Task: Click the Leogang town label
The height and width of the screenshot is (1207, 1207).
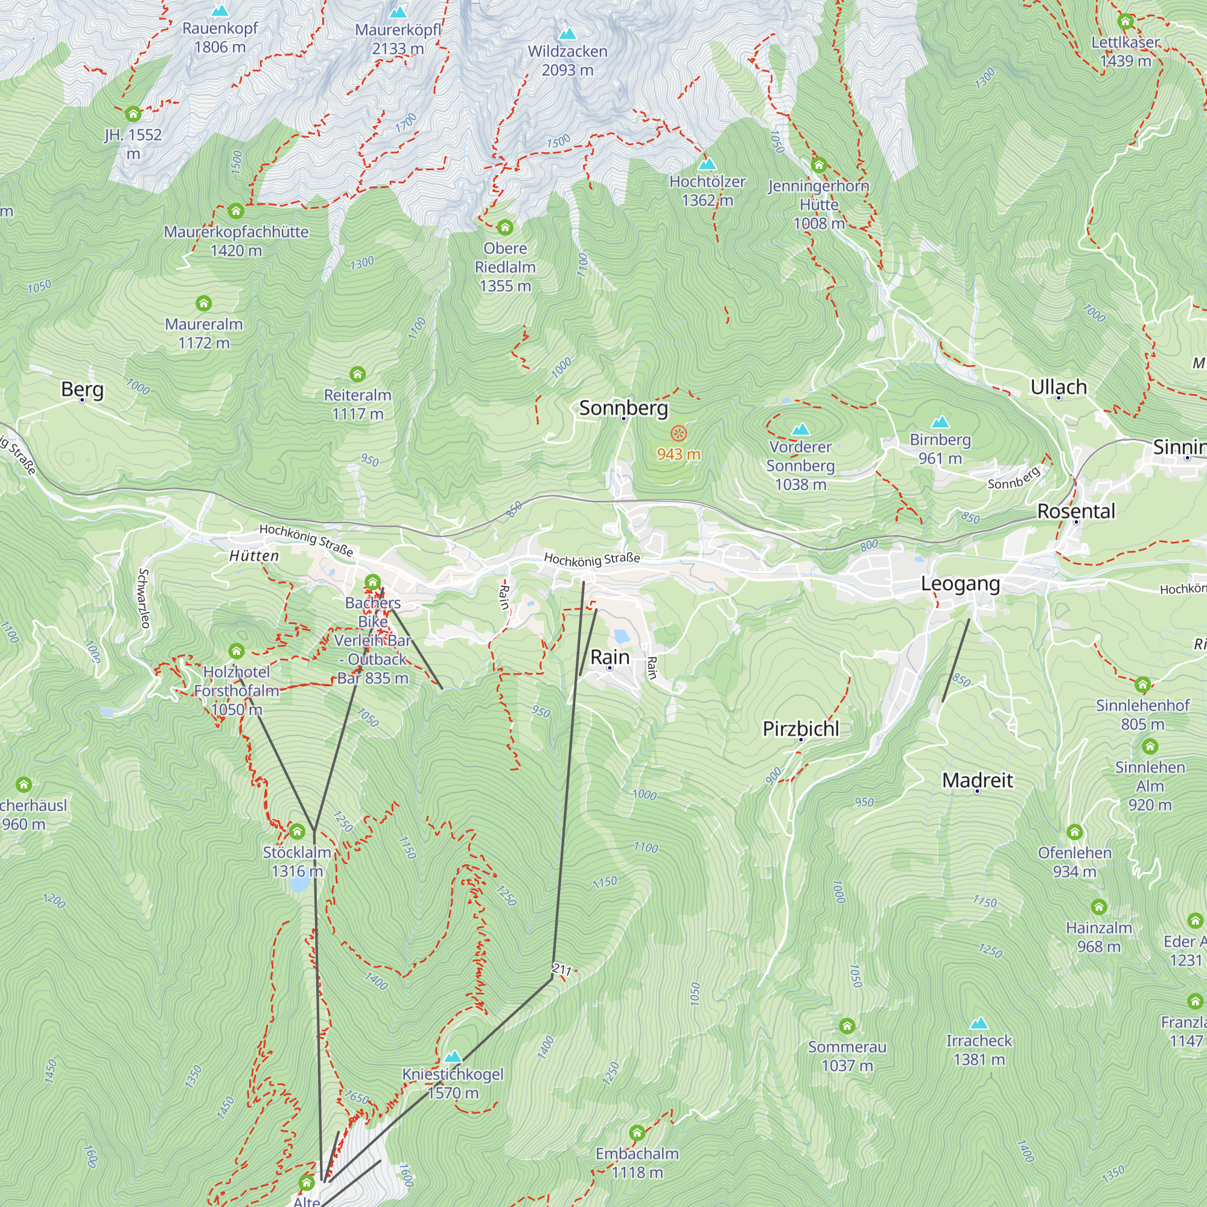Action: tap(960, 584)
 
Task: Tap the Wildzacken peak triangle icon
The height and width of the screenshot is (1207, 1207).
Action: tap(567, 33)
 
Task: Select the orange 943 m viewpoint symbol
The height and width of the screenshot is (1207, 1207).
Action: tap(678, 433)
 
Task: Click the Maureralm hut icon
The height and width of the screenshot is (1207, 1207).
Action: tap(203, 304)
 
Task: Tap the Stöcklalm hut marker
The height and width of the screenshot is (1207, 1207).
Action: tap(298, 832)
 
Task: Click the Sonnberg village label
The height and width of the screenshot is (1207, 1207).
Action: tap(623, 408)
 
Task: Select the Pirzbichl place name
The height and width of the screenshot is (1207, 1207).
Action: tap(800, 728)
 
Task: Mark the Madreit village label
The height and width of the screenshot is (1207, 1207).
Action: tap(977, 780)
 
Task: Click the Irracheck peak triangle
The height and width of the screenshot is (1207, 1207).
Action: tap(978, 1024)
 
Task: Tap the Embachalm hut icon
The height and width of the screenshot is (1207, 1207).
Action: tap(637, 1133)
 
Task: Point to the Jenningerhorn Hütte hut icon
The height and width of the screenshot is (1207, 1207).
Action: tap(818, 165)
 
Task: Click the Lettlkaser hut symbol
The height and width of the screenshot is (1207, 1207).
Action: tap(1125, 22)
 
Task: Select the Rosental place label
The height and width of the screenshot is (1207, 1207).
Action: tap(1076, 511)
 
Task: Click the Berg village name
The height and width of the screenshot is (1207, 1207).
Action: tap(82, 389)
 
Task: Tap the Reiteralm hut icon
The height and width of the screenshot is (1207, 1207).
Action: tap(357, 374)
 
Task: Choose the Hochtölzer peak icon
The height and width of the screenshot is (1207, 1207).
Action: tap(707, 164)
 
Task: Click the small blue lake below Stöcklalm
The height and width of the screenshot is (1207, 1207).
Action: tap(299, 884)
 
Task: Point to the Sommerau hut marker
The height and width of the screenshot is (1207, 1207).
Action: tap(847, 1026)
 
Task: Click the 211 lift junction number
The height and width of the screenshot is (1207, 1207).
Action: tap(562, 970)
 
